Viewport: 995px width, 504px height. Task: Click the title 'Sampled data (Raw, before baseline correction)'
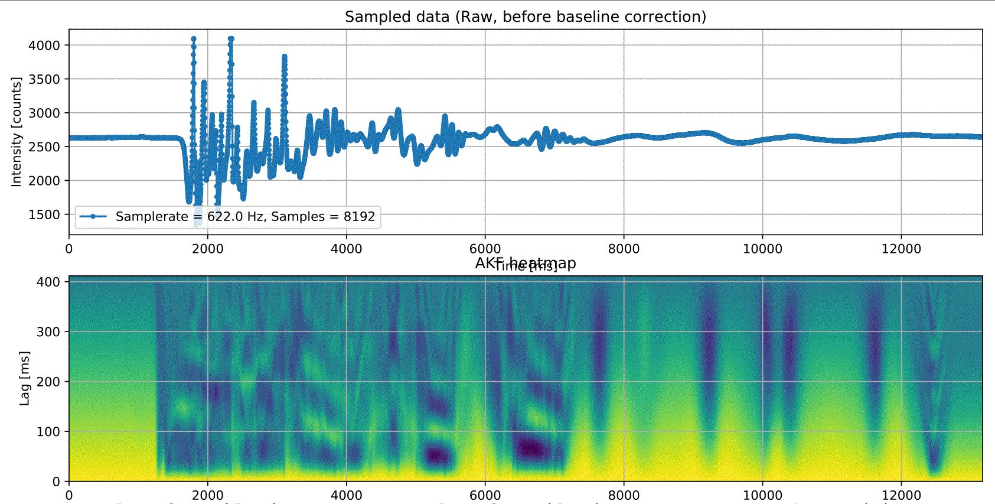tap(525, 17)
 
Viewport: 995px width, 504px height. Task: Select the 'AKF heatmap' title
tap(525, 263)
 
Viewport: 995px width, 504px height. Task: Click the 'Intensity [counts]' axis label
tap(16, 132)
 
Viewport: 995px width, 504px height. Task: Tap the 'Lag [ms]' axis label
tap(24, 378)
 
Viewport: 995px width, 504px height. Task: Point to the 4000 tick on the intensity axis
tap(44, 45)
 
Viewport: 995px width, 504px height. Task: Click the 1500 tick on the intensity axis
tap(44, 214)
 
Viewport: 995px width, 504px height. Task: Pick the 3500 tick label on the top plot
tap(44, 79)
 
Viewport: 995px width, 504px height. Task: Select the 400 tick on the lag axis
tap(48, 282)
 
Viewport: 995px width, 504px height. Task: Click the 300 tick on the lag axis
tap(48, 331)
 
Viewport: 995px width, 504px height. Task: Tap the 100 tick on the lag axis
tap(48, 431)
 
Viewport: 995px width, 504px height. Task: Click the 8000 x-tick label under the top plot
tap(624, 249)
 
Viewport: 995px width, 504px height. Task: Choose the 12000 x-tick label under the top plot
tap(901, 249)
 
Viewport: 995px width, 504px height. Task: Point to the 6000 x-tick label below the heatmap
tap(485, 495)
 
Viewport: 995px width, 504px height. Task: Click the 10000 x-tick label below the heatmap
tap(762, 495)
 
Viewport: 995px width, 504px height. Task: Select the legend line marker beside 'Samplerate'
tap(93, 216)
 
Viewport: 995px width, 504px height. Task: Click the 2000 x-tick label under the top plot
tap(207, 249)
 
